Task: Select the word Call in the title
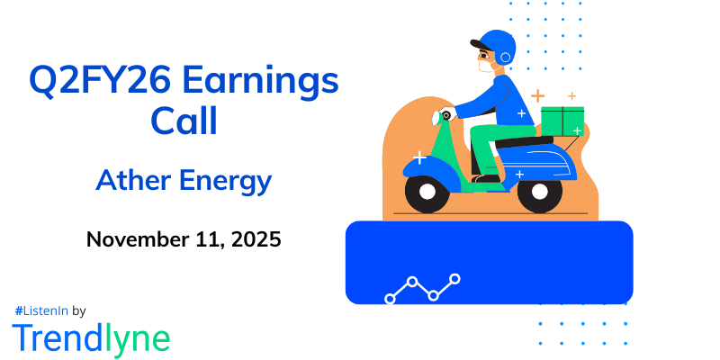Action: pos(184,121)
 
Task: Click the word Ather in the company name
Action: pos(134,181)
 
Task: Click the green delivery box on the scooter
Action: pos(562,121)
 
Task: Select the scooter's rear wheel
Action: pos(539,191)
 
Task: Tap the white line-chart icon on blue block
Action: pos(422,287)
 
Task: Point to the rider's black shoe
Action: pos(486,178)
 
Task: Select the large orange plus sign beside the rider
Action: pos(537,95)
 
